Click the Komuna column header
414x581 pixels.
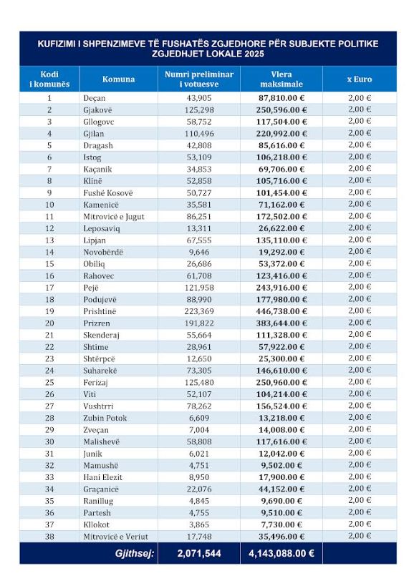(x=118, y=79)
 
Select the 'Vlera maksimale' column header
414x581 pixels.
(x=281, y=79)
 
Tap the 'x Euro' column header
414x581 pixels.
(x=359, y=79)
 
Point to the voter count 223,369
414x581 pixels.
(x=199, y=311)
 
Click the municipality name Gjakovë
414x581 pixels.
(x=97, y=110)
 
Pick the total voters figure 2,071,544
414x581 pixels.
(x=199, y=553)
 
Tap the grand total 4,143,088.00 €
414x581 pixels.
(x=281, y=553)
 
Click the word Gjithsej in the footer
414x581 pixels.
(x=134, y=554)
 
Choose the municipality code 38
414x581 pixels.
(x=49, y=537)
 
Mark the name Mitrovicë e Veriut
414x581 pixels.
(x=115, y=537)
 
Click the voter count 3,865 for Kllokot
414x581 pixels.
(x=199, y=524)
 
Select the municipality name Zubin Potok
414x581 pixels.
(x=105, y=418)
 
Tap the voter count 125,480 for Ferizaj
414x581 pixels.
(x=199, y=382)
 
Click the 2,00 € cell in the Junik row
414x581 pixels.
(x=359, y=453)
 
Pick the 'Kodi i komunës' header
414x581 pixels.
(x=49, y=79)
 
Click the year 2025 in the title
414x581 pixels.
(x=254, y=54)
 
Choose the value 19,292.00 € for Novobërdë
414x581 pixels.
(x=281, y=253)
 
